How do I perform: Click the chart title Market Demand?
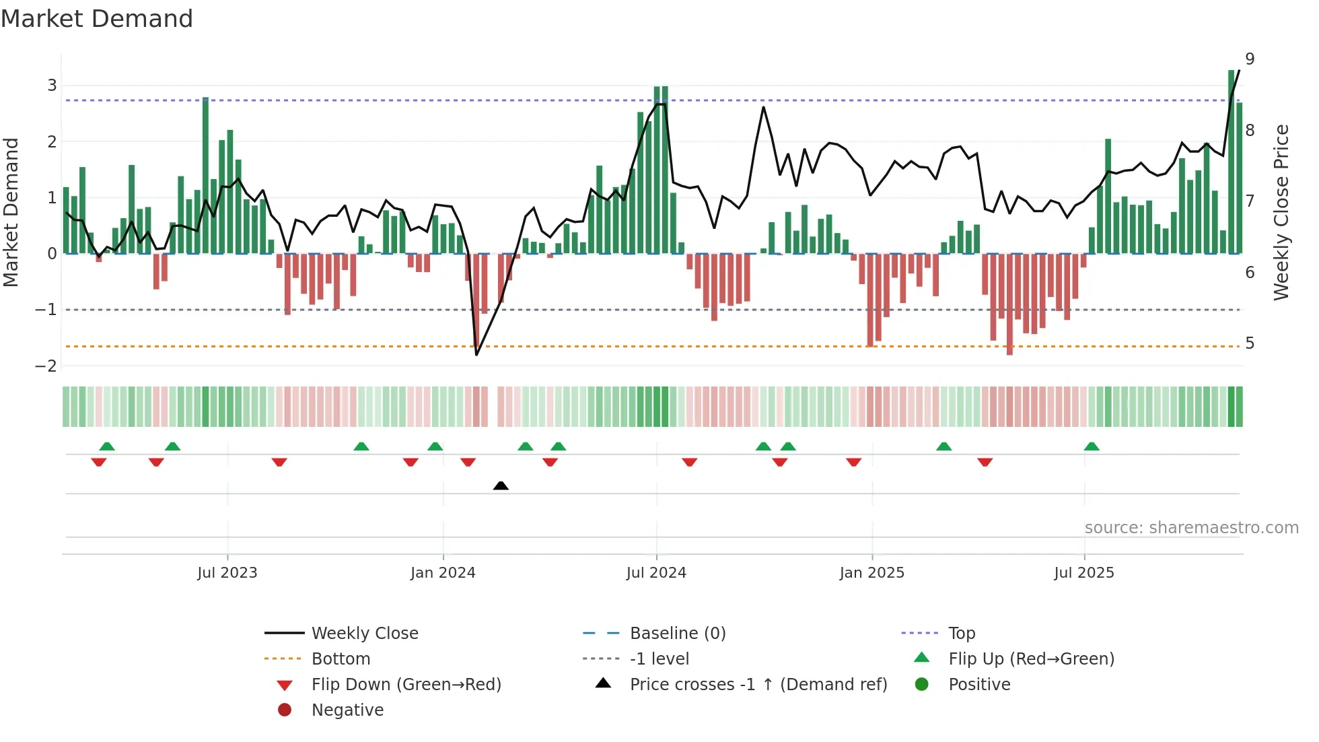point(97,19)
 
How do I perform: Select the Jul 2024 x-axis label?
point(656,573)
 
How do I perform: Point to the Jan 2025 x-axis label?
point(871,573)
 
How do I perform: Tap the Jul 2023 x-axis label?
point(227,573)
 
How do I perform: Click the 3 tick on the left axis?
point(52,86)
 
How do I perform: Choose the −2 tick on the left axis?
point(46,366)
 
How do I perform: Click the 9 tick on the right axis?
point(1250,59)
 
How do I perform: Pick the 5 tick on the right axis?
point(1250,343)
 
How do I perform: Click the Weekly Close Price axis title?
point(1281,212)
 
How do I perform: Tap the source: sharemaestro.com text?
point(1191,528)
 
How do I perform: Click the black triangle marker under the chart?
point(501,485)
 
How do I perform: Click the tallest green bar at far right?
point(1231,162)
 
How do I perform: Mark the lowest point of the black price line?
point(476,354)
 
